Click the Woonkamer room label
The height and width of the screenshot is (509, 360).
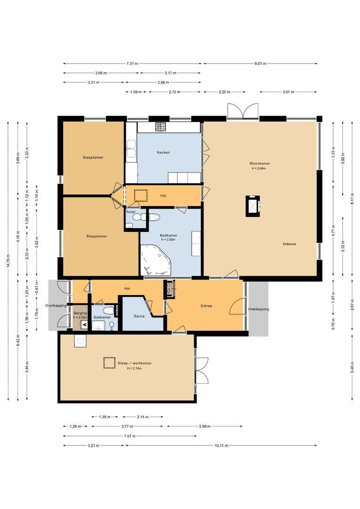(260, 164)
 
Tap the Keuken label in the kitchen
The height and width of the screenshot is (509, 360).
(163, 152)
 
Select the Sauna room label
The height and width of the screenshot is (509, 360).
(139, 317)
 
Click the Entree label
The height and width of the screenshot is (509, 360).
(206, 306)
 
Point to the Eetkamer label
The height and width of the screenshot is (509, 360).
(289, 244)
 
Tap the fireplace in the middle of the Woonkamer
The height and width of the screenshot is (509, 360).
(253, 205)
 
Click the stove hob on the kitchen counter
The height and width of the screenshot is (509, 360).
(161, 127)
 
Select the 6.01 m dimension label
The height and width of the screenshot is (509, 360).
(260, 64)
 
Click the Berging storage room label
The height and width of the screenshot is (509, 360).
(79, 313)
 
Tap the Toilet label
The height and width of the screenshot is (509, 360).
(131, 212)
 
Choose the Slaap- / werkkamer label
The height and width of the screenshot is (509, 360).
(135, 363)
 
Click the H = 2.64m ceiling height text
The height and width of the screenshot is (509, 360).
(260, 168)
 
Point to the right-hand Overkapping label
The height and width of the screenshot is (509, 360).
(259, 309)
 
